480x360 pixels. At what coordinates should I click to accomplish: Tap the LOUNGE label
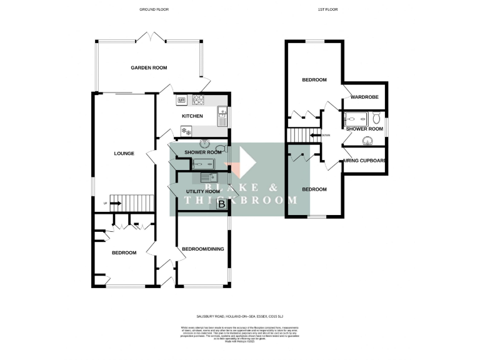click(x=124, y=153)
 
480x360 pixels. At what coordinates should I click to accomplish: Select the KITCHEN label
click(x=192, y=116)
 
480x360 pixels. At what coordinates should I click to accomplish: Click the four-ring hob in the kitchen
click(x=200, y=99)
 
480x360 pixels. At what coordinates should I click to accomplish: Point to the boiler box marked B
click(x=221, y=204)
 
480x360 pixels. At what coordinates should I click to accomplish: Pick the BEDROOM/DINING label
click(x=202, y=249)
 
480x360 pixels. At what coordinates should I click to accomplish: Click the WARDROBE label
click(x=362, y=97)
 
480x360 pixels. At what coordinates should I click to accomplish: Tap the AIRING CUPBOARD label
click(x=364, y=161)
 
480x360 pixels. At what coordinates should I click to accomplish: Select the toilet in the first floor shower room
click(x=376, y=118)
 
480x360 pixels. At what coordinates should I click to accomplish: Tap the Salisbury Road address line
click(x=240, y=317)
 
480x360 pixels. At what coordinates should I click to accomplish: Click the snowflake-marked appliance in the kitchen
click(x=186, y=131)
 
